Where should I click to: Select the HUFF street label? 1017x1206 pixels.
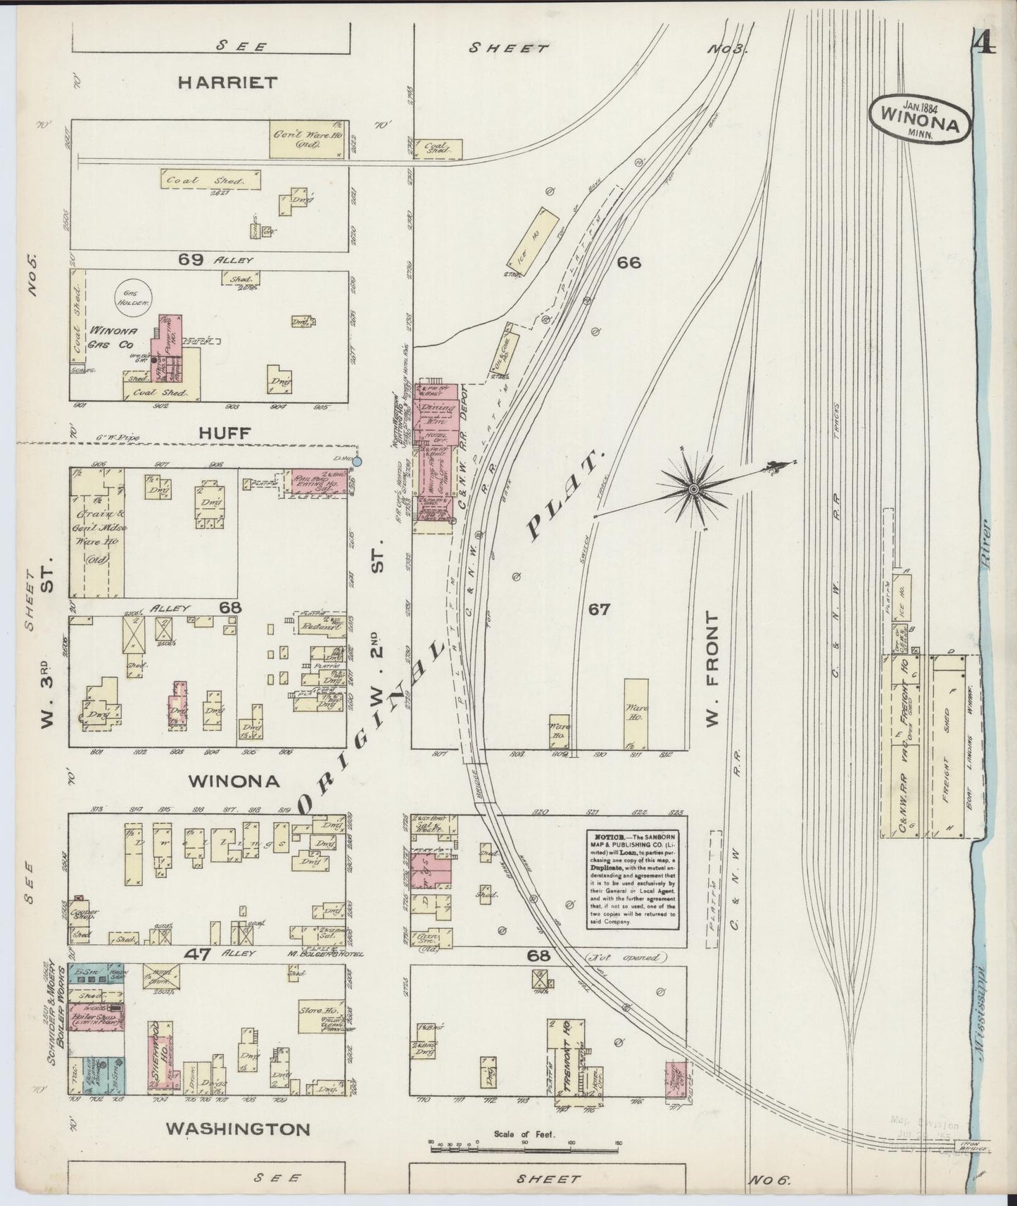(224, 433)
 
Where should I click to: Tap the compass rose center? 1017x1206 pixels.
(694, 489)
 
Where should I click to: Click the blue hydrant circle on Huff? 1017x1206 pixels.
(358, 462)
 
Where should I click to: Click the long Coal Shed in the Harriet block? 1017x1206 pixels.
(210, 180)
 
